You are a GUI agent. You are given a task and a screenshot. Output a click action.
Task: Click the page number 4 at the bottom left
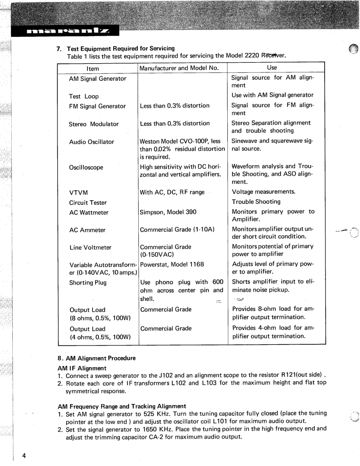point(24,455)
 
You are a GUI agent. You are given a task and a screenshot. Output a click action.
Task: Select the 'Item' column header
point(93,68)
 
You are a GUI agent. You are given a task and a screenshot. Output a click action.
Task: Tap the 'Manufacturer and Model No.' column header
point(179,68)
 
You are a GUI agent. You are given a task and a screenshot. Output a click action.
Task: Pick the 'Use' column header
point(272,67)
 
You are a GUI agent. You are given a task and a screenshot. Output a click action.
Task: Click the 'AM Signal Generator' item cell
point(97,79)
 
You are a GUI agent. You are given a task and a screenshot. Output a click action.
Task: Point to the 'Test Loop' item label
point(84,96)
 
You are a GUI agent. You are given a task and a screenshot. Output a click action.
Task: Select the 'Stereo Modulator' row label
point(94,124)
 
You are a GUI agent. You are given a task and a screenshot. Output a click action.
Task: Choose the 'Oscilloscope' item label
point(86,167)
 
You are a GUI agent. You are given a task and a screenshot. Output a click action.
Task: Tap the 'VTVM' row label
point(78,193)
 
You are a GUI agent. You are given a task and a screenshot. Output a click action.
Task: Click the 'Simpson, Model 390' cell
point(168,212)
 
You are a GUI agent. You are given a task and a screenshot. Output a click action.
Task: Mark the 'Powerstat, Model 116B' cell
point(172,264)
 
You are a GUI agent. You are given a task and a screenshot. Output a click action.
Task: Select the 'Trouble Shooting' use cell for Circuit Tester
point(256,202)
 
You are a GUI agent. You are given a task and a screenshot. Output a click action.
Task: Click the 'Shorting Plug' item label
point(88,283)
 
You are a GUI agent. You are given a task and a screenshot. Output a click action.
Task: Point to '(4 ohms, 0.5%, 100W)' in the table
point(100,337)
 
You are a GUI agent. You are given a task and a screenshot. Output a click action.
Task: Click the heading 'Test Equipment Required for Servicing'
point(121,49)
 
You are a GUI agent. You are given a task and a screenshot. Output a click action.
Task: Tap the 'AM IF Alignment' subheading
point(82,368)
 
